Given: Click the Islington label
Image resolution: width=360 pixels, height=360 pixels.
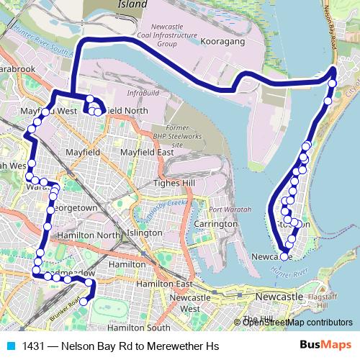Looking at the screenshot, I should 145,233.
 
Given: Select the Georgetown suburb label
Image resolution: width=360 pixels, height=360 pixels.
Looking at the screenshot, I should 72,207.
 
